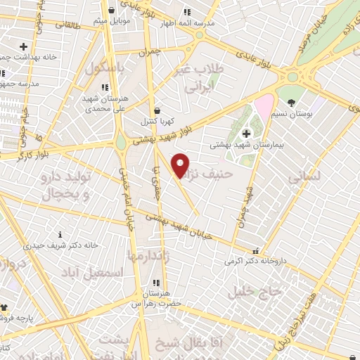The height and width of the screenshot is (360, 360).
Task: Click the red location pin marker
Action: (180, 165)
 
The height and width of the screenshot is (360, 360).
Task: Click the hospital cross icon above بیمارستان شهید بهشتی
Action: (246, 134)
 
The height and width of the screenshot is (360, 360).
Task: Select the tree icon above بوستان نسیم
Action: (292, 103)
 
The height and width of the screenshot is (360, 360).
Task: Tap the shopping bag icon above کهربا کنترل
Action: (156, 110)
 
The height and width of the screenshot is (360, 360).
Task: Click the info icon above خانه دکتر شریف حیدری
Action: (60, 234)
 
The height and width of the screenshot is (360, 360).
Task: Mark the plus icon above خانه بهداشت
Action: (23, 46)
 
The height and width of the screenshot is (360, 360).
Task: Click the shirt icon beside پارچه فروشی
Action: (4, 307)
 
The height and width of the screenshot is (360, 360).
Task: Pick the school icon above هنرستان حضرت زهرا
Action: (156, 283)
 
